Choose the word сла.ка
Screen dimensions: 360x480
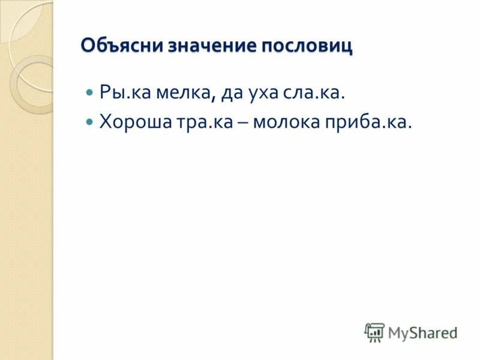(319, 94)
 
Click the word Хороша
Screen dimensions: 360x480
(135, 122)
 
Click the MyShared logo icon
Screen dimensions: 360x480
(374, 332)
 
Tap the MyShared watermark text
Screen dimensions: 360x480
(422, 332)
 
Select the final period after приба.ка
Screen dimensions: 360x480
(411, 127)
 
